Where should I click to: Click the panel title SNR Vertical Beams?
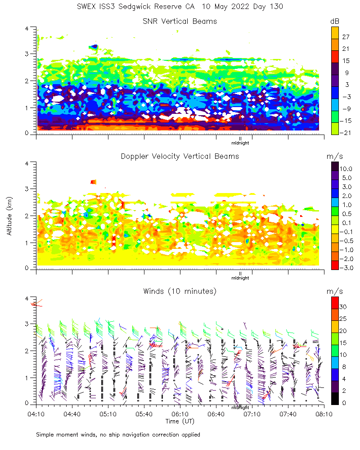tap(180, 21)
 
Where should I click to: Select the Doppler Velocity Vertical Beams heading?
tap(180, 156)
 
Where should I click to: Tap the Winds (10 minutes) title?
tap(180, 291)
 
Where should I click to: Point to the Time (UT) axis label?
tap(180, 421)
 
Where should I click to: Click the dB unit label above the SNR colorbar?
tap(335, 21)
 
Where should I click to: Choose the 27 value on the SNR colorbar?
tap(346, 36)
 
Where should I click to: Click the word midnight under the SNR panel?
tap(240, 143)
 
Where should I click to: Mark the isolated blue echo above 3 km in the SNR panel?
tap(94, 46)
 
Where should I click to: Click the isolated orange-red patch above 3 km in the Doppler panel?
tap(93, 182)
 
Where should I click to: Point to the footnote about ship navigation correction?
tap(118, 435)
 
